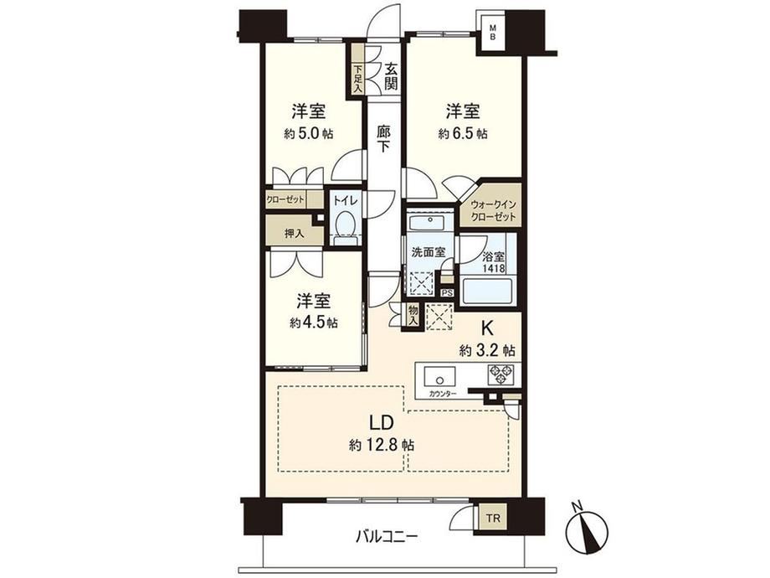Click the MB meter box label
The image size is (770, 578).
coord(492,33)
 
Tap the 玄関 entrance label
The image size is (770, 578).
coord(390,76)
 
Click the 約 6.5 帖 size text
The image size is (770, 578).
coord(463,133)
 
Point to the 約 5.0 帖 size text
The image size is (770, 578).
coord(308,133)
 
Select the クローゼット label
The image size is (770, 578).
coord(285,199)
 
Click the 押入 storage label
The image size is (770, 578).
coord(294,234)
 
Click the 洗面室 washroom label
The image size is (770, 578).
coord(429,252)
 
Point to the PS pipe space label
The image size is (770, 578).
coord(447,293)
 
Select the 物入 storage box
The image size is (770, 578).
coord(413,315)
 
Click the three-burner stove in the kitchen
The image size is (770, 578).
coord(500,374)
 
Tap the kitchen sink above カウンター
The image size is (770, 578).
coord(439,378)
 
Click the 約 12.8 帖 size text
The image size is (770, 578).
coord(382,446)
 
